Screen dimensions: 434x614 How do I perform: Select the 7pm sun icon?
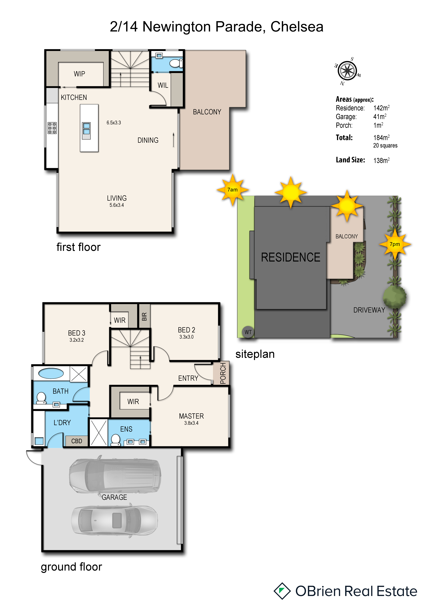[395, 244]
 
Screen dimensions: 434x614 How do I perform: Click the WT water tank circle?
[248, 332]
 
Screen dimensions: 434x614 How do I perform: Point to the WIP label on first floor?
[79, 74]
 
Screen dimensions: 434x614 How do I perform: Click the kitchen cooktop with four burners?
[52, 128]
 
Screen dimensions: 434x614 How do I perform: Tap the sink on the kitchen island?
[86, 131]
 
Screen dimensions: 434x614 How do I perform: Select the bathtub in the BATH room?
[51, 373]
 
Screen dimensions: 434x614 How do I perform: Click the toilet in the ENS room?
[116, 440]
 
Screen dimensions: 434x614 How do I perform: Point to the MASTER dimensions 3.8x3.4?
[191, 423]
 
